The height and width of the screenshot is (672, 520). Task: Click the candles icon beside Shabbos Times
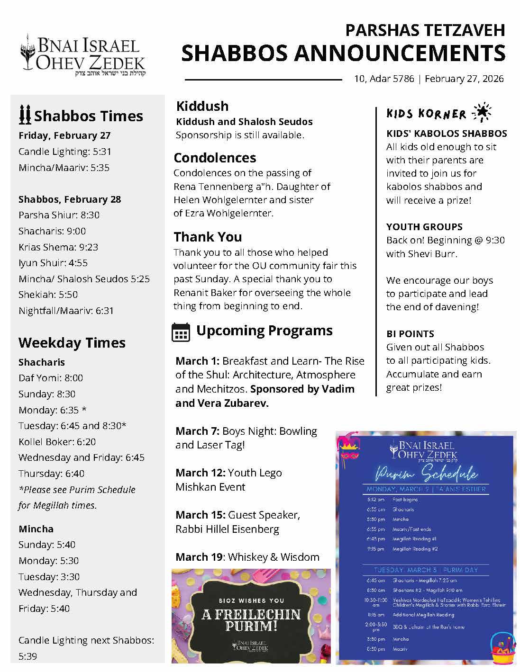click(25, 115)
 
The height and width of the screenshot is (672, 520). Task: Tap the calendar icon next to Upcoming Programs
click(181, 332)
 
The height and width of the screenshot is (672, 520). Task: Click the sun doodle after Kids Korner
click(482, 112)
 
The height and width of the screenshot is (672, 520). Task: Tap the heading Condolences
click(215, 158)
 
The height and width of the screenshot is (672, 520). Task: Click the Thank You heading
click(208, 237)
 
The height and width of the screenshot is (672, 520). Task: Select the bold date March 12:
click(201, 473)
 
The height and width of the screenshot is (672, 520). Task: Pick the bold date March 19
click(199, 557)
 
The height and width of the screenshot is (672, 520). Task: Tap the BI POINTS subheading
click(410, 333)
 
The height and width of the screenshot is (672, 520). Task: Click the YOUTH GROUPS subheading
click(424, 227)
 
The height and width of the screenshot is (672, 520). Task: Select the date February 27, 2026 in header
click(464, 79)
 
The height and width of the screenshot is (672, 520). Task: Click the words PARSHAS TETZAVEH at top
click(425, 30)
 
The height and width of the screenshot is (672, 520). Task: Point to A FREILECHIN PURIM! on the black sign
click(251, 620)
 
